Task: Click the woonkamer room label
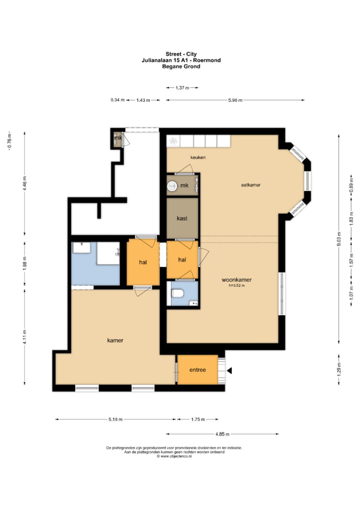tap(236, 280)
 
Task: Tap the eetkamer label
tap(251, 185)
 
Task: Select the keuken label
tap(198, 157)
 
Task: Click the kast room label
tap(182, 218)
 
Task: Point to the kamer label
tap(115, 340)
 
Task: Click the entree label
tap(198, 370)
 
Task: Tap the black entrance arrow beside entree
tap(229, 371)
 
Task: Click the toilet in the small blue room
tap(177, 293)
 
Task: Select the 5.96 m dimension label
tap(235, 100)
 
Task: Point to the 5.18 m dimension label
tap(115, 419)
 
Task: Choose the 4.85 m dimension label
tap(222, 434)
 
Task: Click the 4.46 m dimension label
tap(25, 184)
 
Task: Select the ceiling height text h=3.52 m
tap(236, 286)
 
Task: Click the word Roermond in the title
tap(207, 60)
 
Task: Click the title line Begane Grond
tap(181, 67)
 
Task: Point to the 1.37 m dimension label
tap(182, 87)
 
